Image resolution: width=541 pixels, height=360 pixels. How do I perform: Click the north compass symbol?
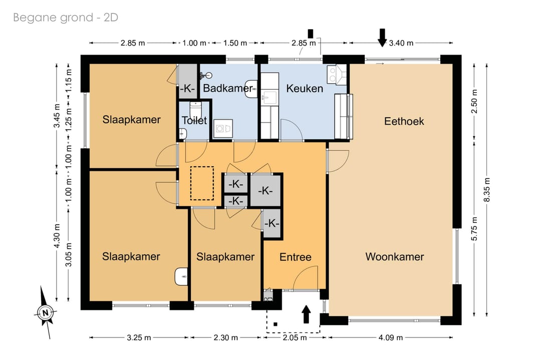pyautogui.click(x=45, y=312)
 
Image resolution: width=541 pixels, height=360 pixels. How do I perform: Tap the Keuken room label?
pyautogui.click(x=305, y=88)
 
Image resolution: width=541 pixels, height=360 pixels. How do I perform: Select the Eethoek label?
pyautogui.click(x=404, y=121)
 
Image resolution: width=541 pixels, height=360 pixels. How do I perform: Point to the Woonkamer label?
pyautogui.click(x=395, y=256)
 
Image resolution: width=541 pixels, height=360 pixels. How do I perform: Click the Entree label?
pyautogui.click(x=296, y=257)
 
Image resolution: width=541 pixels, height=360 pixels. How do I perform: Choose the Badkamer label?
pyautogui.click(x=228, y=88)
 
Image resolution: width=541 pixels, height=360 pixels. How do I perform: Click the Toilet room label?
pyautogui.click(x=194, y=120)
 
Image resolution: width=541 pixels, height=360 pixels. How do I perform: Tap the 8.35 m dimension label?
pyautogui.click(x=487, y=190)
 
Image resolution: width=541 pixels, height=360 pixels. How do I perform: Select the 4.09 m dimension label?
pyautogui.click(x=391, y=337)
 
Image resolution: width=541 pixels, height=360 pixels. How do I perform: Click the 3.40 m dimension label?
pyautogui.click(x=401, y=43)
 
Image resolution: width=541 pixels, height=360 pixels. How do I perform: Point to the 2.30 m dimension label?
pyautogui.click(x=225, y=337)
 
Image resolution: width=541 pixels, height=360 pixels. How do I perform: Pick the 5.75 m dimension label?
pyautogui.click(x=474, y=229)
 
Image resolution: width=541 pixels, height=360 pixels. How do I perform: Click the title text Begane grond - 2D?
pyautogui.click(x=66, y=17)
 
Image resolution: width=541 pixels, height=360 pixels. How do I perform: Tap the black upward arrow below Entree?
pyautogui.click(x=306, y=314)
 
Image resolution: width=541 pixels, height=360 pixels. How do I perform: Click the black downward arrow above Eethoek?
pyautogui.click(x=382, y=38)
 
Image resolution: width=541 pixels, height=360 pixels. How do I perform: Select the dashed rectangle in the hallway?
pyautogui.click(x=202, y=183)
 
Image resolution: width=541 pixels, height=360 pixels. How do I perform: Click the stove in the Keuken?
pyautogui.click(x=337, y=75)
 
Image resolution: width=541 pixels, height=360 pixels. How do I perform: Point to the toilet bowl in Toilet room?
pyautogui.click(x=196, y=110)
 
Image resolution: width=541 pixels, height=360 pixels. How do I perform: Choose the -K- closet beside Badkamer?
pyautogui.click(x=187, y=82)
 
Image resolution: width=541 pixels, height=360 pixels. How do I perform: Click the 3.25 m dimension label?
pyautogui.click(x=139, y=337)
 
